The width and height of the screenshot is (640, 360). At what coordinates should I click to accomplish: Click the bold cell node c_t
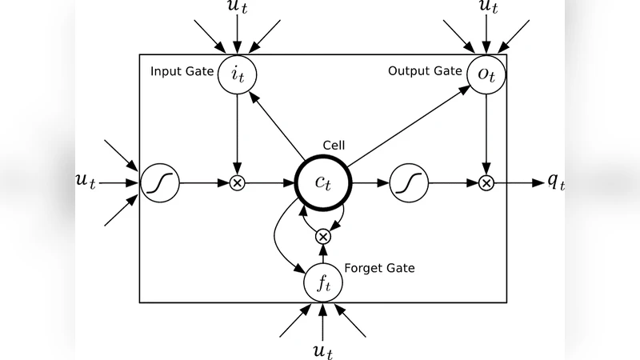click(322, 182)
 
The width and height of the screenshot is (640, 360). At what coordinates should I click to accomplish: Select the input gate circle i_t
click(237, 74)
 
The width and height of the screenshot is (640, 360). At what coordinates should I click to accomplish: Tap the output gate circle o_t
click(486, 74)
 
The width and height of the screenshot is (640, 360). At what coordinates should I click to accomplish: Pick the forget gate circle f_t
click(322, 281)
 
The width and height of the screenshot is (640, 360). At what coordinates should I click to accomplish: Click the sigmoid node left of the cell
click(160, 182)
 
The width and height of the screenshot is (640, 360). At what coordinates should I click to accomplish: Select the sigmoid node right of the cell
click(409, 182)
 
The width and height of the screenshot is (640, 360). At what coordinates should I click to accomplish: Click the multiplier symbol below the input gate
click(237, 183)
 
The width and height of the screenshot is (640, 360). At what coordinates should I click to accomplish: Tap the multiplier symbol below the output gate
click(486, 183)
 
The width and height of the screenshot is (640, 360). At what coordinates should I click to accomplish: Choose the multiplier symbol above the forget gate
click(322, 236)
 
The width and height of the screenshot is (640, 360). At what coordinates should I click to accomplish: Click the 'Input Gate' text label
click(182, 72)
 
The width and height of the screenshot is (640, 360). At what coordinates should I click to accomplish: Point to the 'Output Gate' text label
click(425, 71)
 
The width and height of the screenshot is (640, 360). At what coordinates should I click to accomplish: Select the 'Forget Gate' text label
click(379, 268)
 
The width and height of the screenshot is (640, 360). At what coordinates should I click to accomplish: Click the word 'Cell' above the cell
click(333, 145)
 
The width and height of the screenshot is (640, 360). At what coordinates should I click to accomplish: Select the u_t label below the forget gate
click(322, 350)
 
